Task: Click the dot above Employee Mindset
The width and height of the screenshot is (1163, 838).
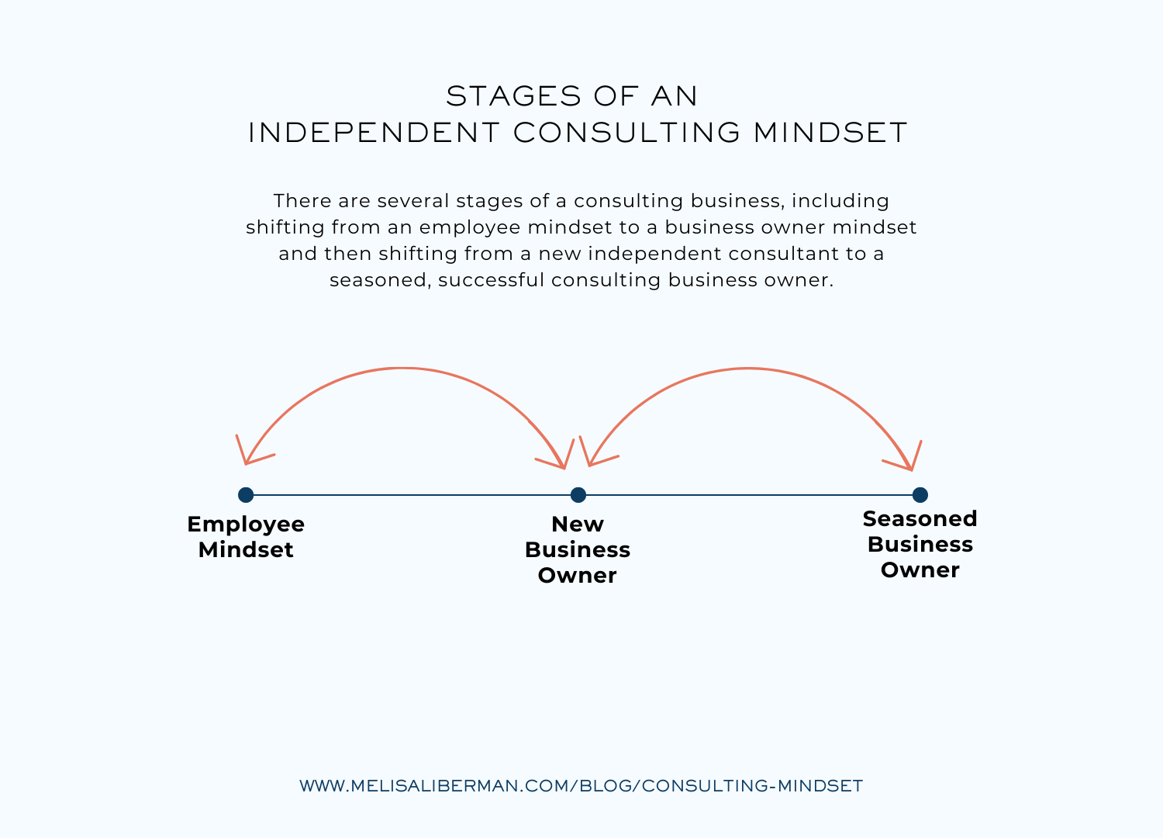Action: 246,495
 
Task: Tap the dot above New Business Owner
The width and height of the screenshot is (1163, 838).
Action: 578,495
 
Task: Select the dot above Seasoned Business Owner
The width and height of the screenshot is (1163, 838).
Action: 920,495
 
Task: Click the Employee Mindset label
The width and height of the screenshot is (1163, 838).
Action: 246,537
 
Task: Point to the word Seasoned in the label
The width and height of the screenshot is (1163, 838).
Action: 920,518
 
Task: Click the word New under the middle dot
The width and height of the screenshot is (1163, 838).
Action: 578,524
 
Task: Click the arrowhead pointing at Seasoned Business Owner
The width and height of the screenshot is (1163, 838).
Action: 910,466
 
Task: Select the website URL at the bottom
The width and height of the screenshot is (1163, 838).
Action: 581,785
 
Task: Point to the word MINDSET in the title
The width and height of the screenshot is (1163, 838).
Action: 830,133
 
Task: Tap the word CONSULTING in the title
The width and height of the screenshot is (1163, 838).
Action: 626,133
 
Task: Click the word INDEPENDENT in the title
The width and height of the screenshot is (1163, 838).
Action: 374,133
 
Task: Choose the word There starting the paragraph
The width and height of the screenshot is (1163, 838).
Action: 302,201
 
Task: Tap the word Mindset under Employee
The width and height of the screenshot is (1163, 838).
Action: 246,550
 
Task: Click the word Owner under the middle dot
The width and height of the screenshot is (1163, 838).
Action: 578,576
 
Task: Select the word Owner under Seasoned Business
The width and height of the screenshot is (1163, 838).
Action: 920,570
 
